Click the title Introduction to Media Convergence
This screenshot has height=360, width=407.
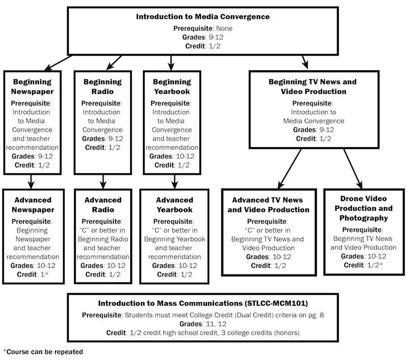[202, 17]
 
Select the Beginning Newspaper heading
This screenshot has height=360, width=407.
[32, 87]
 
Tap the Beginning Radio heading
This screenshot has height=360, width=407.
[103, 87]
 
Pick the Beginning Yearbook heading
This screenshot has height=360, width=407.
[172, 87]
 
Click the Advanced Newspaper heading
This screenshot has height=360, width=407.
[33, 205]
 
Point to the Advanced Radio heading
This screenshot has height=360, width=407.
[103, 205]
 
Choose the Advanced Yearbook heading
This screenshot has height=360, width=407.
[175, 205]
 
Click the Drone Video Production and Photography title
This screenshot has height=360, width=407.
[364, 208]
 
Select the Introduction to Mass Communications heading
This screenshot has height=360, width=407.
[203, 303]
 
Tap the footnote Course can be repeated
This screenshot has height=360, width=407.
[43, 352]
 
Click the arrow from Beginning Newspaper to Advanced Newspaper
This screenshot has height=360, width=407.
[31, 182]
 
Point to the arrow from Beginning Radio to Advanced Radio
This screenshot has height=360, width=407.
[103, 182]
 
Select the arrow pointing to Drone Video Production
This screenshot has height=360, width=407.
[353, 169]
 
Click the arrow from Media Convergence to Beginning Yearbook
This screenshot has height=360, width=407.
[171, 63]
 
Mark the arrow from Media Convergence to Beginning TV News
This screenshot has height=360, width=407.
[305, 62]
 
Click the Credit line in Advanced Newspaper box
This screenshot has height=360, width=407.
[33, 274]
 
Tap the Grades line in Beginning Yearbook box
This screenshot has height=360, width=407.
[172, 156]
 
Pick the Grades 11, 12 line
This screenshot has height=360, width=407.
[202, 324]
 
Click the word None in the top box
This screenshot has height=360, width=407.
[224, 29]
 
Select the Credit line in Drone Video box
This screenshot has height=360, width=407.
[363, 265]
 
